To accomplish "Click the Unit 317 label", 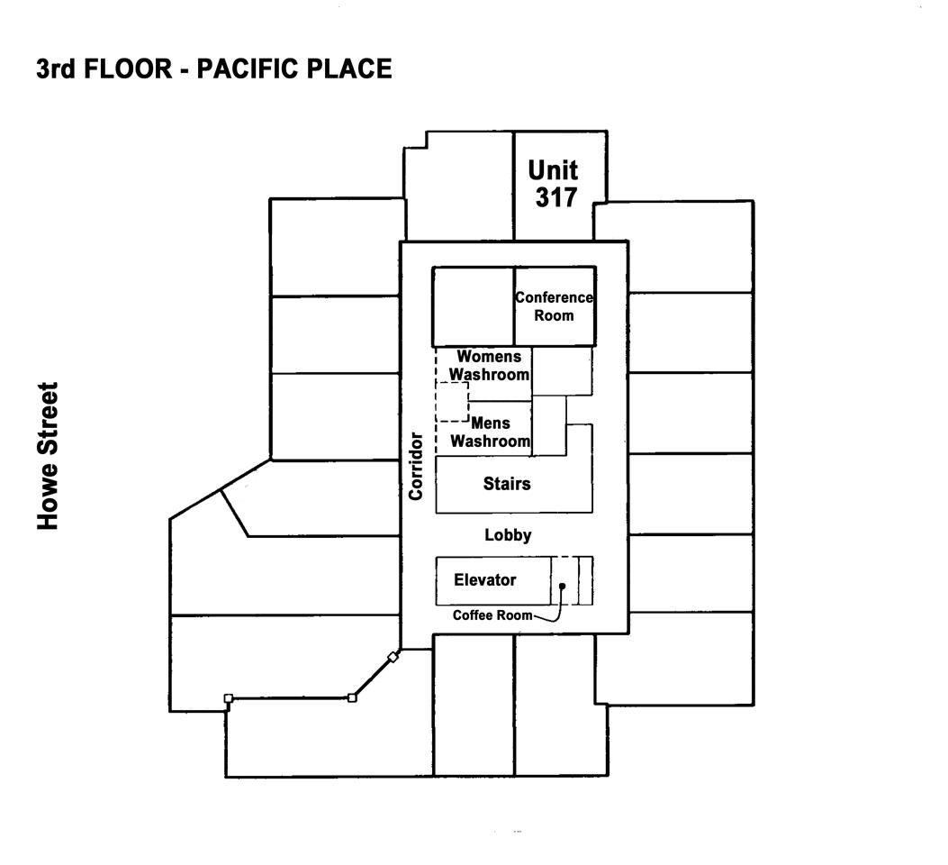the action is (553, 184).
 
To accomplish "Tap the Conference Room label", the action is (554, 306).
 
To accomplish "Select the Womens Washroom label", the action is (489, 365).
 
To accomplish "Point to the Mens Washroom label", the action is (491, 432).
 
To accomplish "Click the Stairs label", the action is (507, 483).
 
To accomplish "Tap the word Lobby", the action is (508, 534).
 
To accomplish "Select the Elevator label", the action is (485, 579).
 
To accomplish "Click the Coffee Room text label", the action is (492, 615).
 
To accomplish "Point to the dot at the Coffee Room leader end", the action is (562, 586).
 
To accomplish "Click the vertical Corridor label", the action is (416, 466).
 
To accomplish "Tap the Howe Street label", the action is (48, 456).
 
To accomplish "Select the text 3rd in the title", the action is (56, 69).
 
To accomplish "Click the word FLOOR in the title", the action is (128, 69).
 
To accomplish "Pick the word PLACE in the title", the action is (349, 69).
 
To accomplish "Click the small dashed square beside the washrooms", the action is (452, 402).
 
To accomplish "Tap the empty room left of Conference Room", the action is (474, 306).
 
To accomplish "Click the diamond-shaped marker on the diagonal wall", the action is (393, 657).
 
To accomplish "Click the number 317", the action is (556, 198).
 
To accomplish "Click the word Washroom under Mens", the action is (491, 441).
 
